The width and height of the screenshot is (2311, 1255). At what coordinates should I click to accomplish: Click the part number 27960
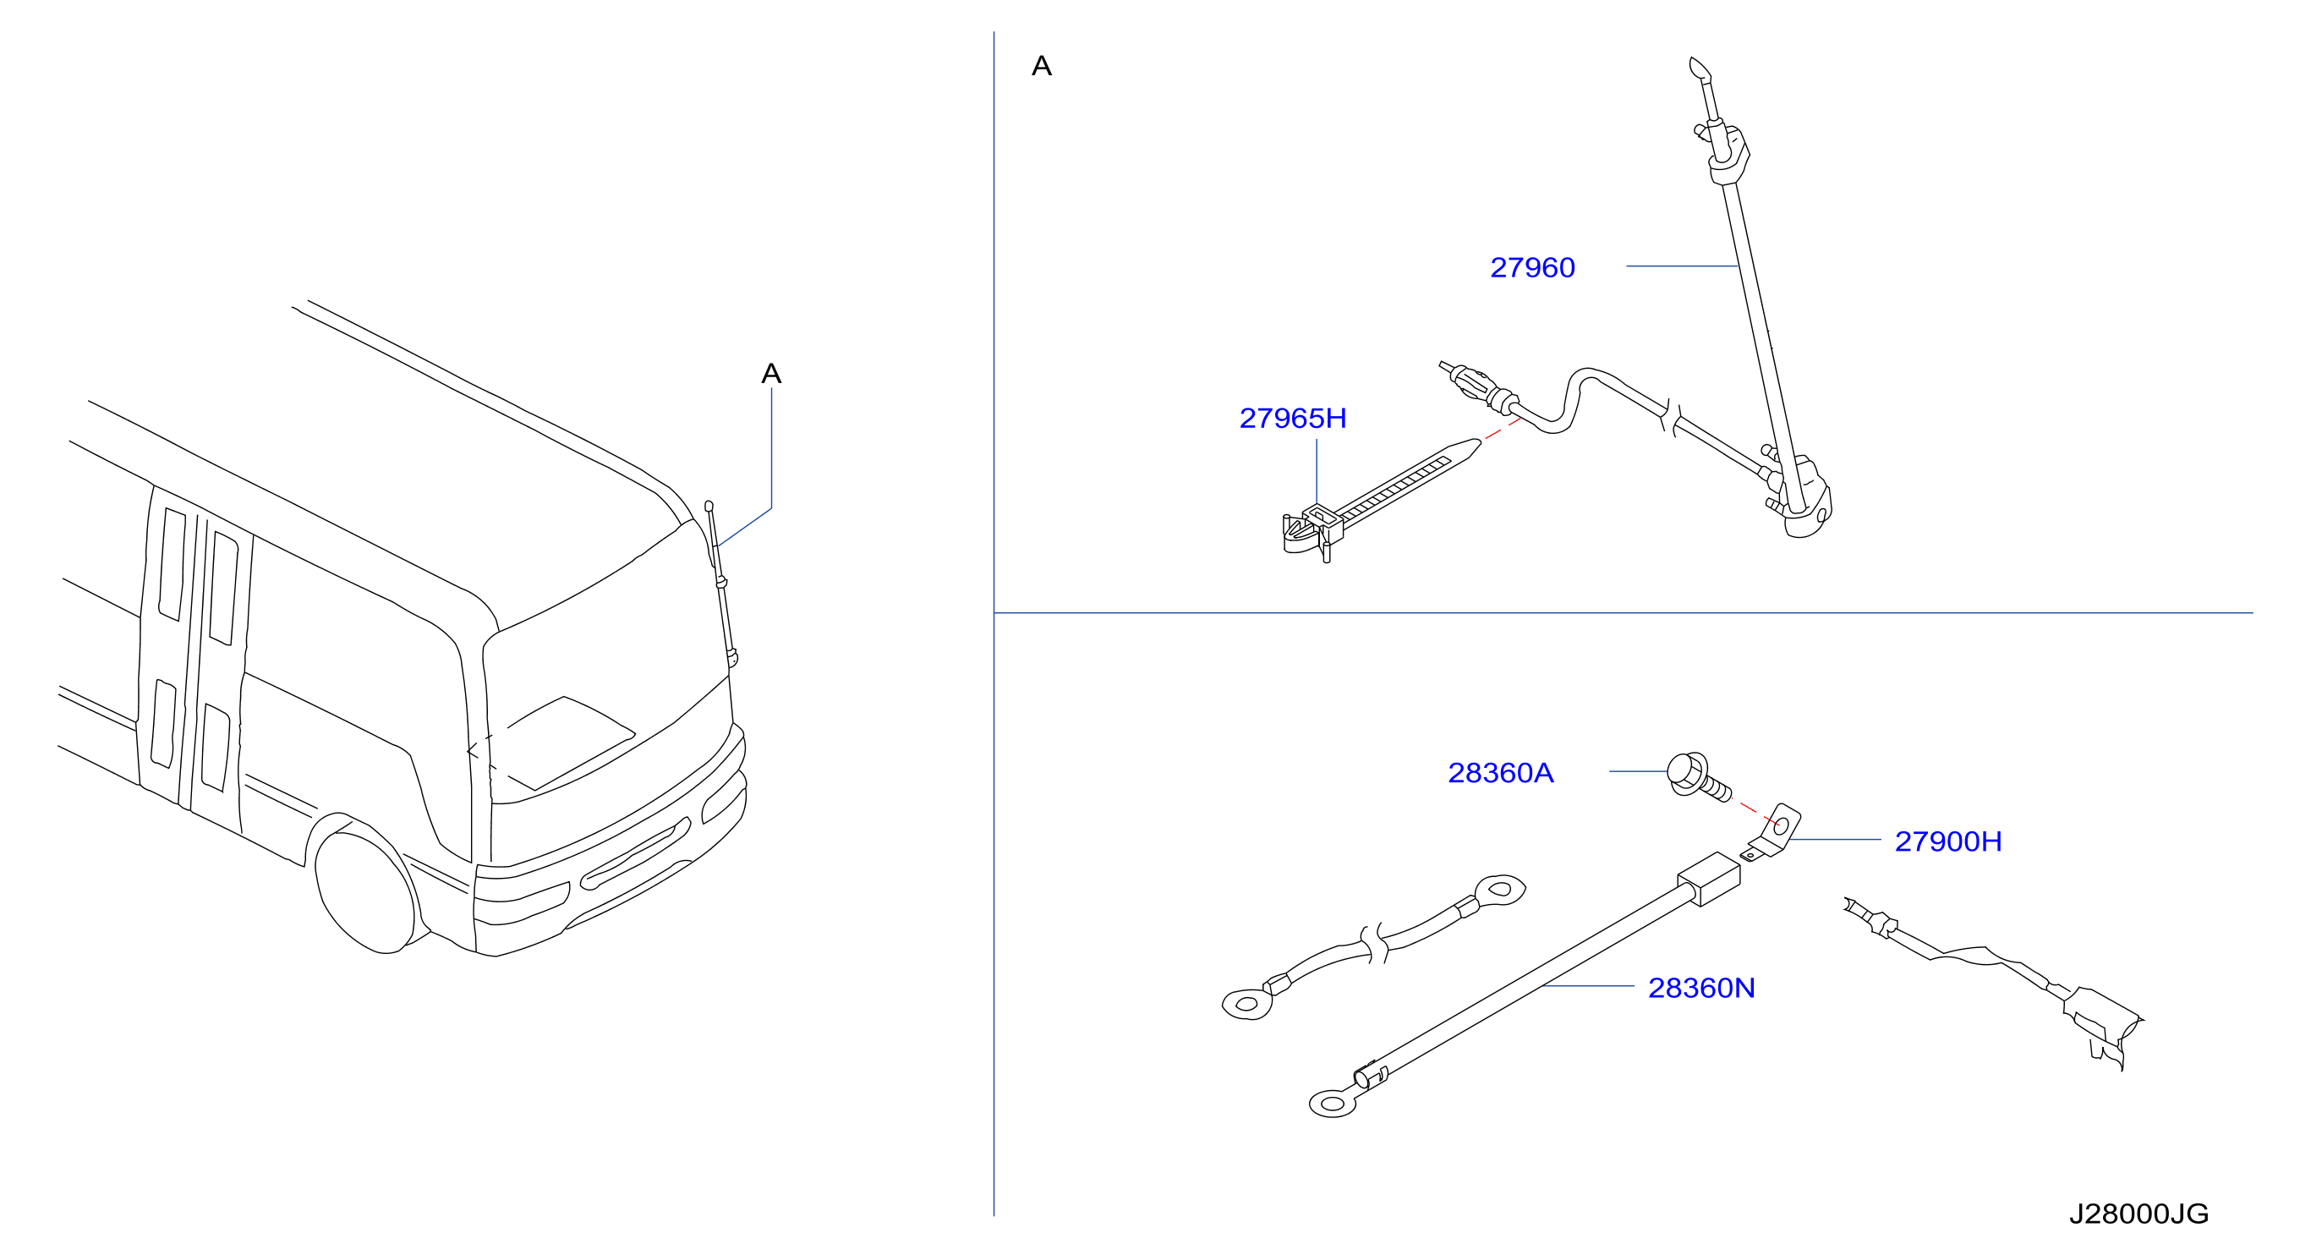1531,267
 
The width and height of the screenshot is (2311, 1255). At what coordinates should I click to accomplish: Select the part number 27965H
1292,418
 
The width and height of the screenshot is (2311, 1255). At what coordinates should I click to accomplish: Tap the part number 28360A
1500,772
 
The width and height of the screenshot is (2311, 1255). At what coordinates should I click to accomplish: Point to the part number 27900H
1947,841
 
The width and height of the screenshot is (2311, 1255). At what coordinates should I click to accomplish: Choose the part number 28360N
1701,988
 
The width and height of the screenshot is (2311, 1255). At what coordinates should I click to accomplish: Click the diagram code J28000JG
2138,1214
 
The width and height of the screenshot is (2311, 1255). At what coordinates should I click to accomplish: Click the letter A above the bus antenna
771,373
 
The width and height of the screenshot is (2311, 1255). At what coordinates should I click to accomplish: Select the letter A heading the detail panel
1042,65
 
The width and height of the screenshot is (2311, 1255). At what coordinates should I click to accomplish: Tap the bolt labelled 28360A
1696,778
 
